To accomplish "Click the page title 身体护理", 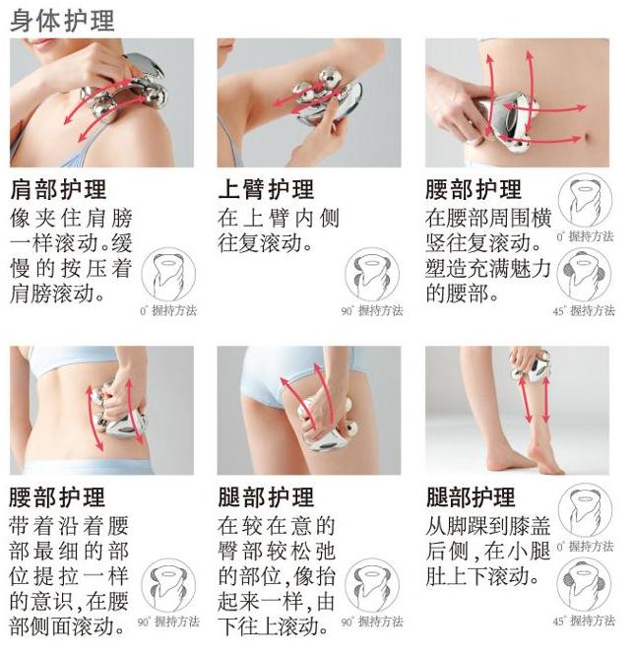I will (x=61, y=20).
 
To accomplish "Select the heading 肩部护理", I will (x=58, y=189).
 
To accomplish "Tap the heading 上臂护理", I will (x=266, y=189).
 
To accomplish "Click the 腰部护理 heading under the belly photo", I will (x=474, y=189).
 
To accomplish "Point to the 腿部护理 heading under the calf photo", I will (x=471, y=495).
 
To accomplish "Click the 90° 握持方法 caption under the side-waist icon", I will (x=168, y=622).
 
